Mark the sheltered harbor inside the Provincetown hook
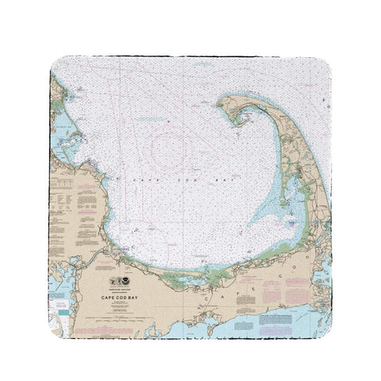tap(241, 116)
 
